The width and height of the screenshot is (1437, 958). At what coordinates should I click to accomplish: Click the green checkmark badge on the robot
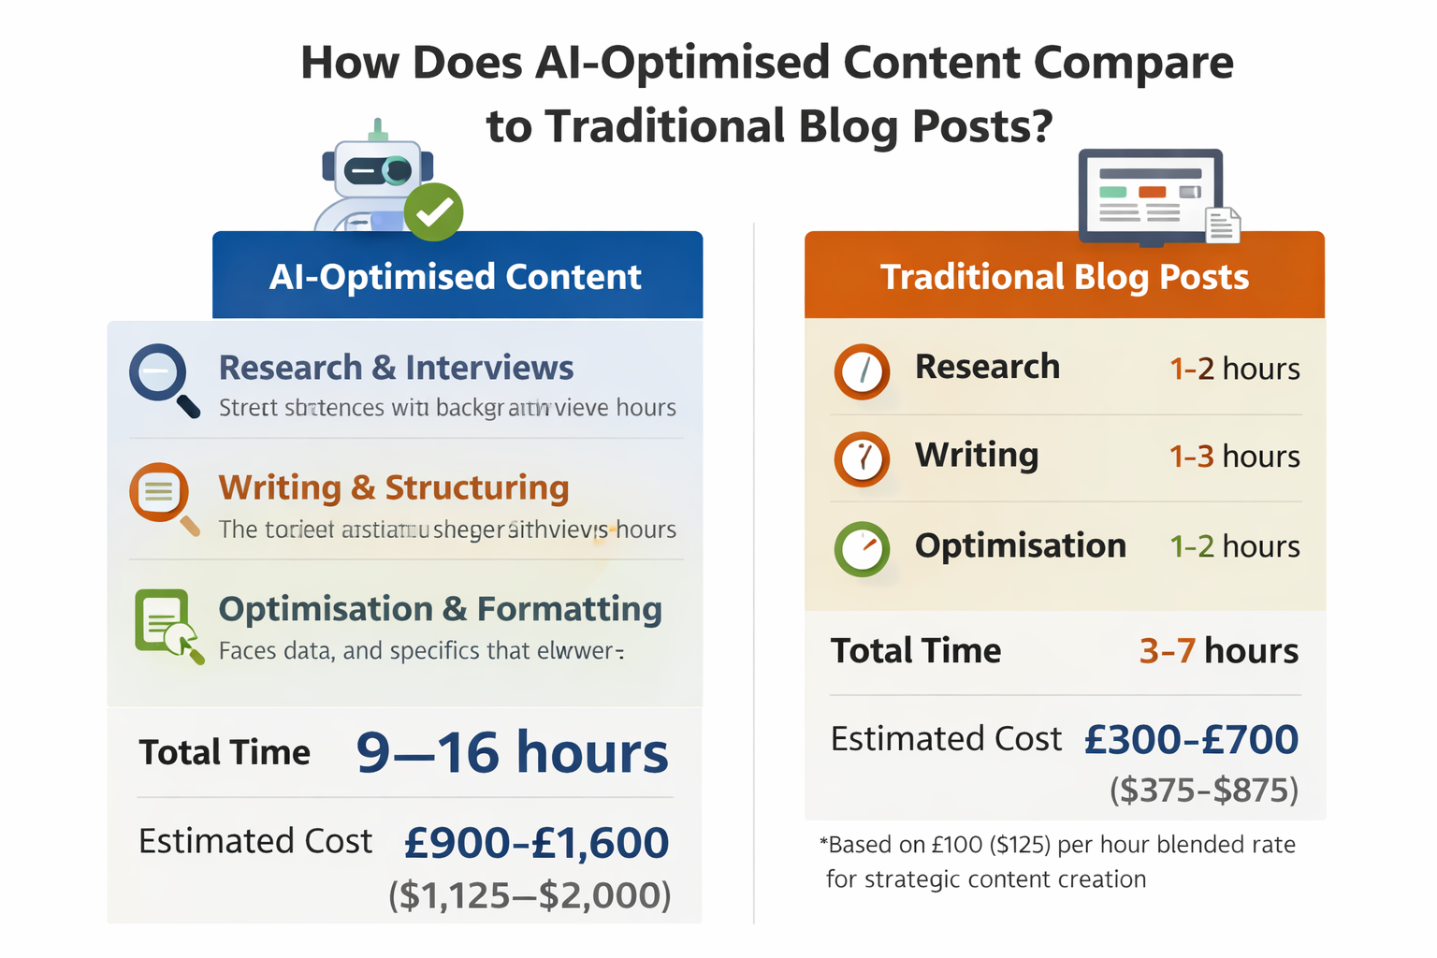tap(433, 212)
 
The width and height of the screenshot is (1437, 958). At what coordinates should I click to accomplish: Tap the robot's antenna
tap(378, 130)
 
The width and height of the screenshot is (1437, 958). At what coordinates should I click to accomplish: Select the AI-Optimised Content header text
tap(456, 277)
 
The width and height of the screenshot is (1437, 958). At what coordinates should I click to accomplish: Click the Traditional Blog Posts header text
tap(1065, 277)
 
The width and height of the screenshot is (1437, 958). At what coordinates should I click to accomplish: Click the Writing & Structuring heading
tap(394, 487)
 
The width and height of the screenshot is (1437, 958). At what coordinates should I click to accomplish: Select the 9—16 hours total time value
tap(512, 752)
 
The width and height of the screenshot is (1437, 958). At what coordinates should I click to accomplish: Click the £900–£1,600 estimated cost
tap(536, 843)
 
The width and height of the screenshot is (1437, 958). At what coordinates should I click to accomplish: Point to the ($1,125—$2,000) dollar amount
tap(530, 895)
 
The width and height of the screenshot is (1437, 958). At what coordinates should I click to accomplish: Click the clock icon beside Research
tap(862, 370)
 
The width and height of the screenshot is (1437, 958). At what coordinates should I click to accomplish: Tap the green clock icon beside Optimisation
tap(862, 548)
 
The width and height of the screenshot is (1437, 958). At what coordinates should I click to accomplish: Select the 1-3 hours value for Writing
tap(1234, 457)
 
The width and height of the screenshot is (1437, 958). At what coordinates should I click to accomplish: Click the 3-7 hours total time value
tap(1218, 650)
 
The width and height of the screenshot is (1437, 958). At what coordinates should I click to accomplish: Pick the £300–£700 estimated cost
tap(1191, 740)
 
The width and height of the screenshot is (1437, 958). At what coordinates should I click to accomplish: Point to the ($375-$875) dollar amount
tap(1204, 791)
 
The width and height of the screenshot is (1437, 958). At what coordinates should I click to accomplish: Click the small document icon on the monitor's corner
tap(1222, 225)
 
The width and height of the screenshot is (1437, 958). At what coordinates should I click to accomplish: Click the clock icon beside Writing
tap(862, 458)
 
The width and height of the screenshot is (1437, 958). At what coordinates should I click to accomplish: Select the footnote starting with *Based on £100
tap(1057, 862)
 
